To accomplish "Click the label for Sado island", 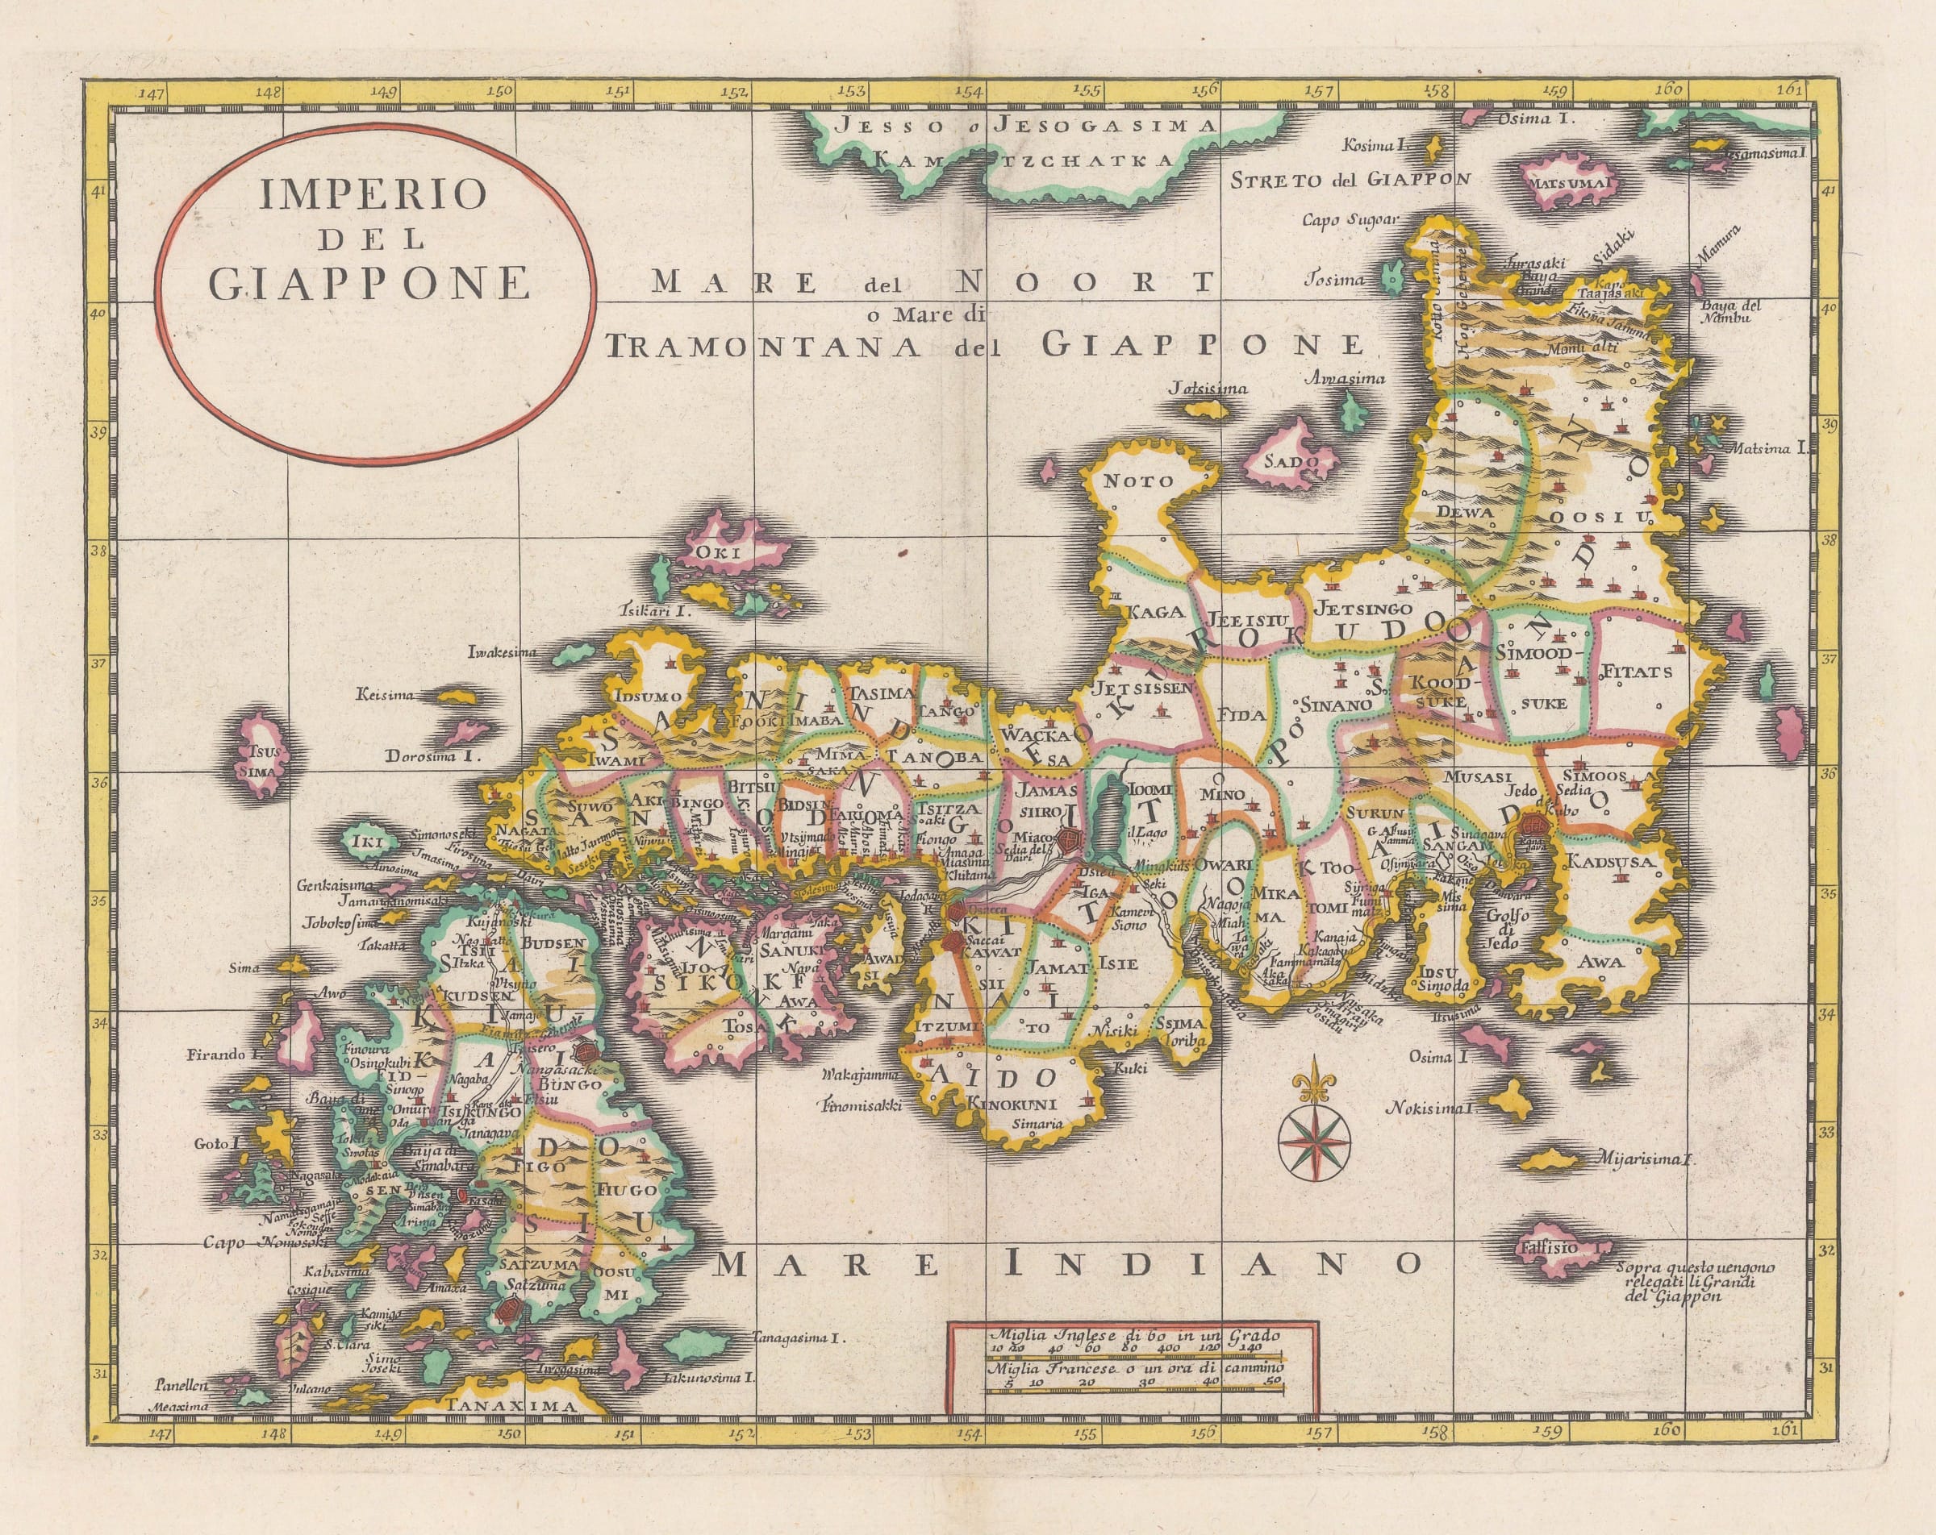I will (x=1291, y=464).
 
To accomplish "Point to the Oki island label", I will (x=723, y=553).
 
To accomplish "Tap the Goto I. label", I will (x=219, y=1144).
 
